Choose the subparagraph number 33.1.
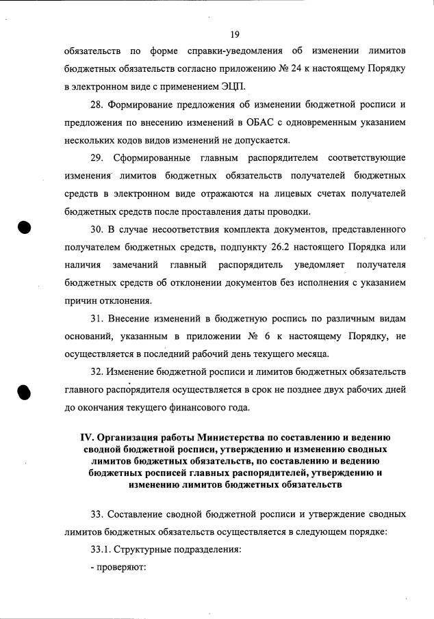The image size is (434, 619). tap(101, 549)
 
